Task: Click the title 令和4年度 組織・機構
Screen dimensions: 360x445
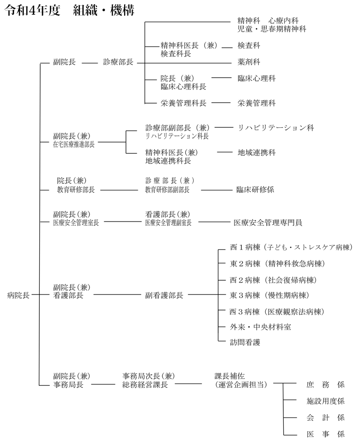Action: coord(69,10)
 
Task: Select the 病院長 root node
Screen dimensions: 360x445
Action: coord(18,295)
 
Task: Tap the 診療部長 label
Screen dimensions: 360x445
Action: coord(118,62)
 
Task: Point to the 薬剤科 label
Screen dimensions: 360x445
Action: coord(249,62)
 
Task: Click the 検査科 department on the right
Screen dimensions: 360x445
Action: coord(249,46)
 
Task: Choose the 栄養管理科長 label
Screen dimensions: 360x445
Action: coord(183,103)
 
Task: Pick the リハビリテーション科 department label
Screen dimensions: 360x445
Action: coord(276,128)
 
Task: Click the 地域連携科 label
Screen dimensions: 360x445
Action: coord(256,153)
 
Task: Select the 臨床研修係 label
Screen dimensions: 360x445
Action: coord(255,189)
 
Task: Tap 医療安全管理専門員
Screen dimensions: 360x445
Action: coord(268,222)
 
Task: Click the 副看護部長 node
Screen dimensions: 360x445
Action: coord(164,295)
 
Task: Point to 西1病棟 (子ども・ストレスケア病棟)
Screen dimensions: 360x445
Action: coord(291,248)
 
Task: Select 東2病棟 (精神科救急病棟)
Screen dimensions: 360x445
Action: coord(278,264)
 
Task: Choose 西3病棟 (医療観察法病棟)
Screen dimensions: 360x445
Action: coord(277,312)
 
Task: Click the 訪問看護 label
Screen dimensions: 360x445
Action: coord(245,342)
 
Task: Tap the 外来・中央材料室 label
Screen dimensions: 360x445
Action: coord(261,327)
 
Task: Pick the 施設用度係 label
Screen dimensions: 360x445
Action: coord(325,401)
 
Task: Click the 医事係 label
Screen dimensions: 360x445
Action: coord(325,434)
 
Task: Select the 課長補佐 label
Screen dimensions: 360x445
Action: coord(230,376)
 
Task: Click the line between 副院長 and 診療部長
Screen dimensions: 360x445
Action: coord(90,63)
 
